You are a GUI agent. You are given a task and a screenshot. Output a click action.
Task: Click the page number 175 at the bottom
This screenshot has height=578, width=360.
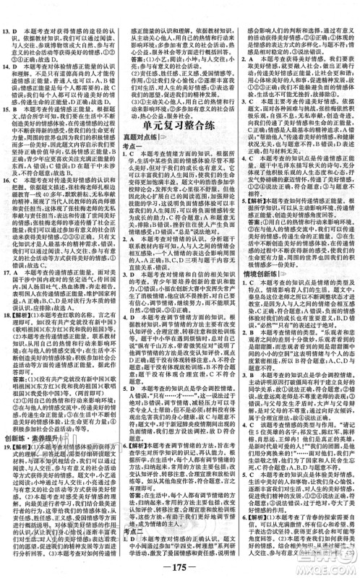click(x=179, y=566)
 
